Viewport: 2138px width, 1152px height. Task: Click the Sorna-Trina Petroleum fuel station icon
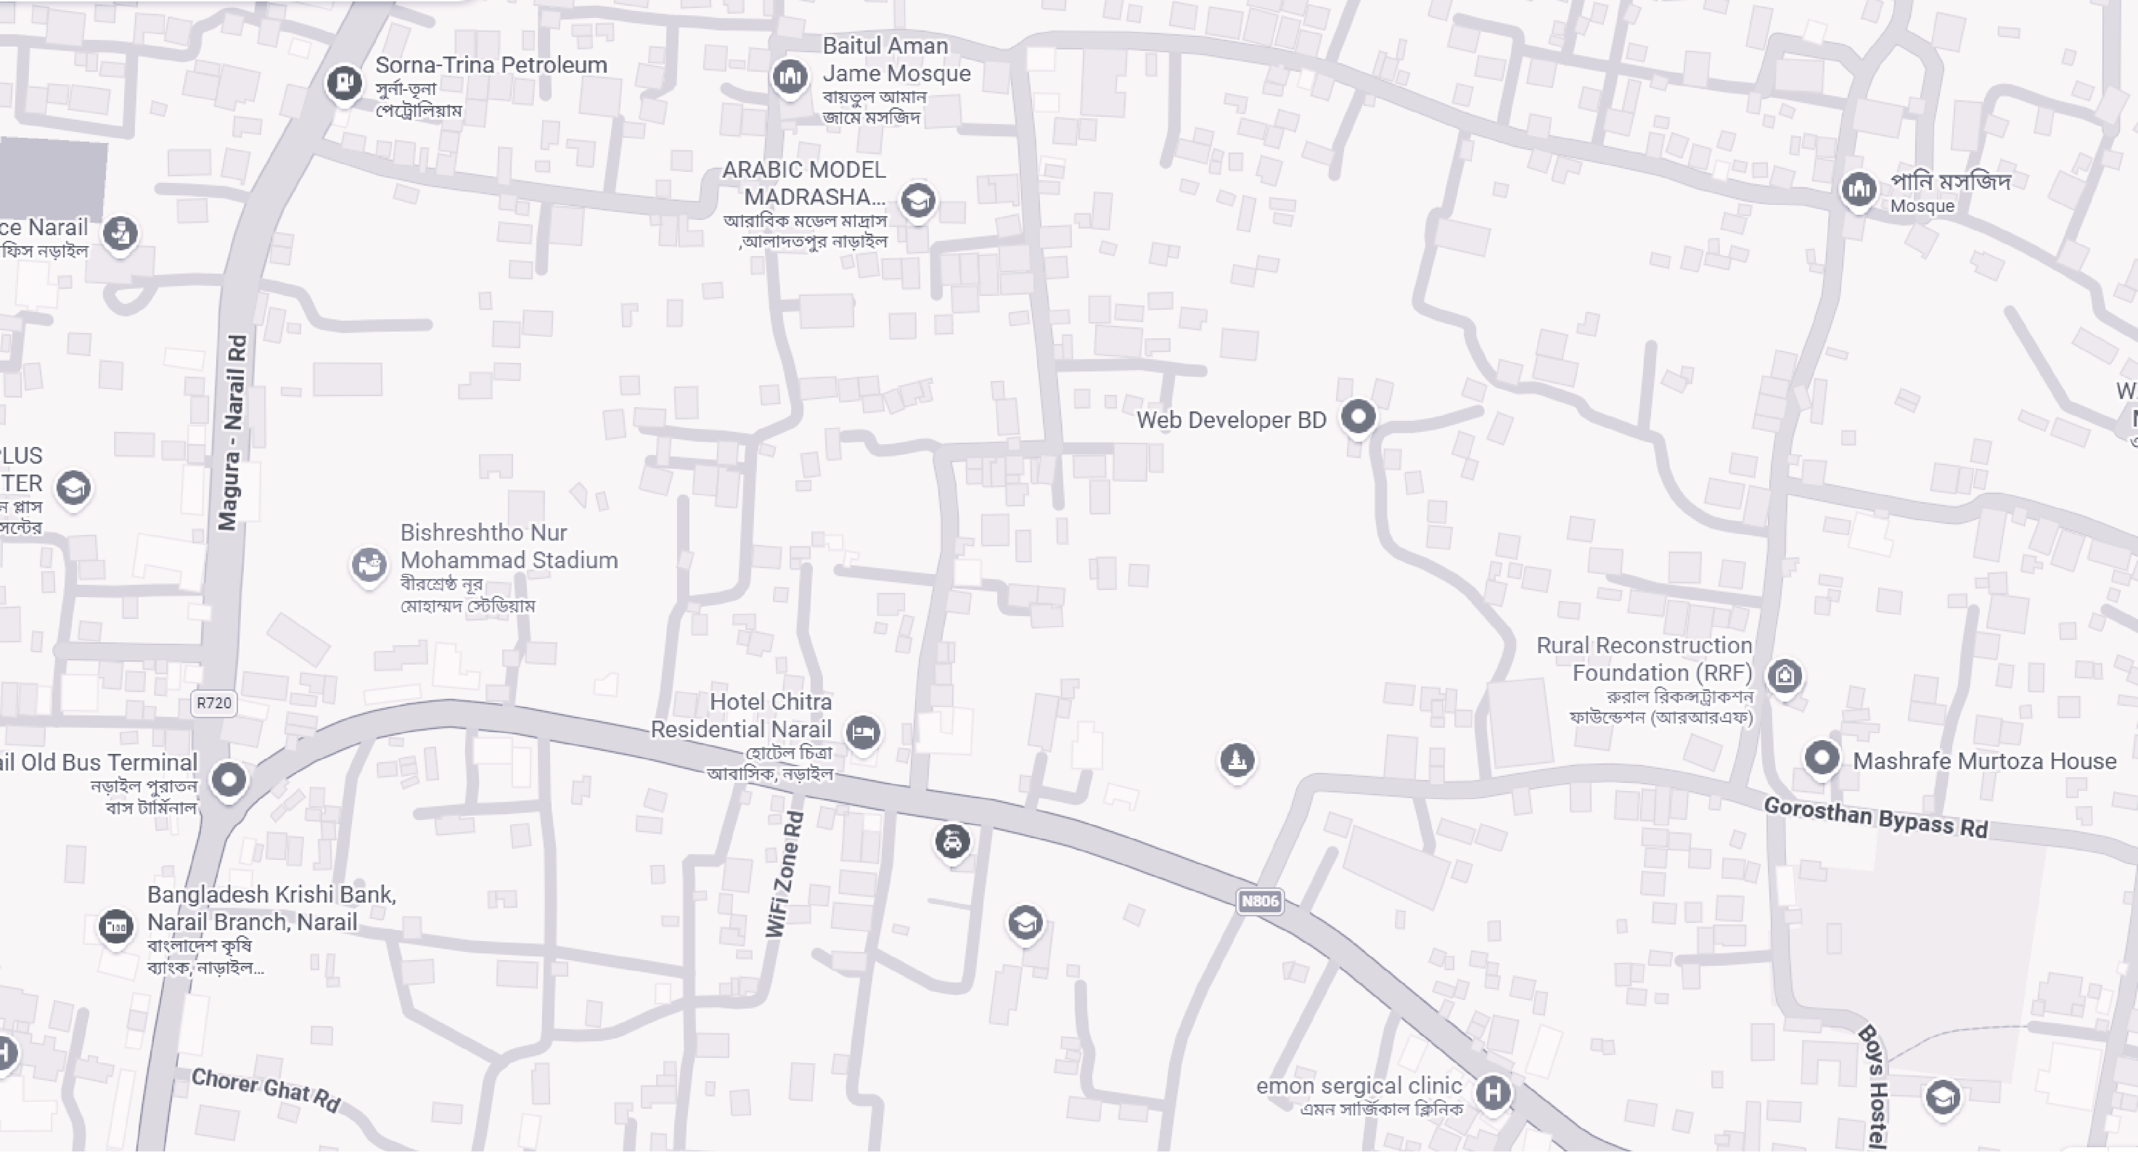(x=344, y=82)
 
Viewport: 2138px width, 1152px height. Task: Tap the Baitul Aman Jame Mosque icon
(x=789, y=77)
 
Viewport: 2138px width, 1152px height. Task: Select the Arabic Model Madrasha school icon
(x=917, y=200)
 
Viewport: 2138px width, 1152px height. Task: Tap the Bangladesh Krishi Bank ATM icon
(x=115, y=926)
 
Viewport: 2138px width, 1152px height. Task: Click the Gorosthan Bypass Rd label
(x=1876, y=818)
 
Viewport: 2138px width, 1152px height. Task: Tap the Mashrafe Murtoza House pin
(x=1822, y=758)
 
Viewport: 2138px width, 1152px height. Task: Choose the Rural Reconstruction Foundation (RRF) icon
(x=1785, y=676)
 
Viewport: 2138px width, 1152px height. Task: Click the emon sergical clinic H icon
(x=1492, y=1092)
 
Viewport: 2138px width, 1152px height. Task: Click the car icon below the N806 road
(x=952, y=842)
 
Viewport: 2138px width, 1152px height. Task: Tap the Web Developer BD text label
(x=1231, y=420)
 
